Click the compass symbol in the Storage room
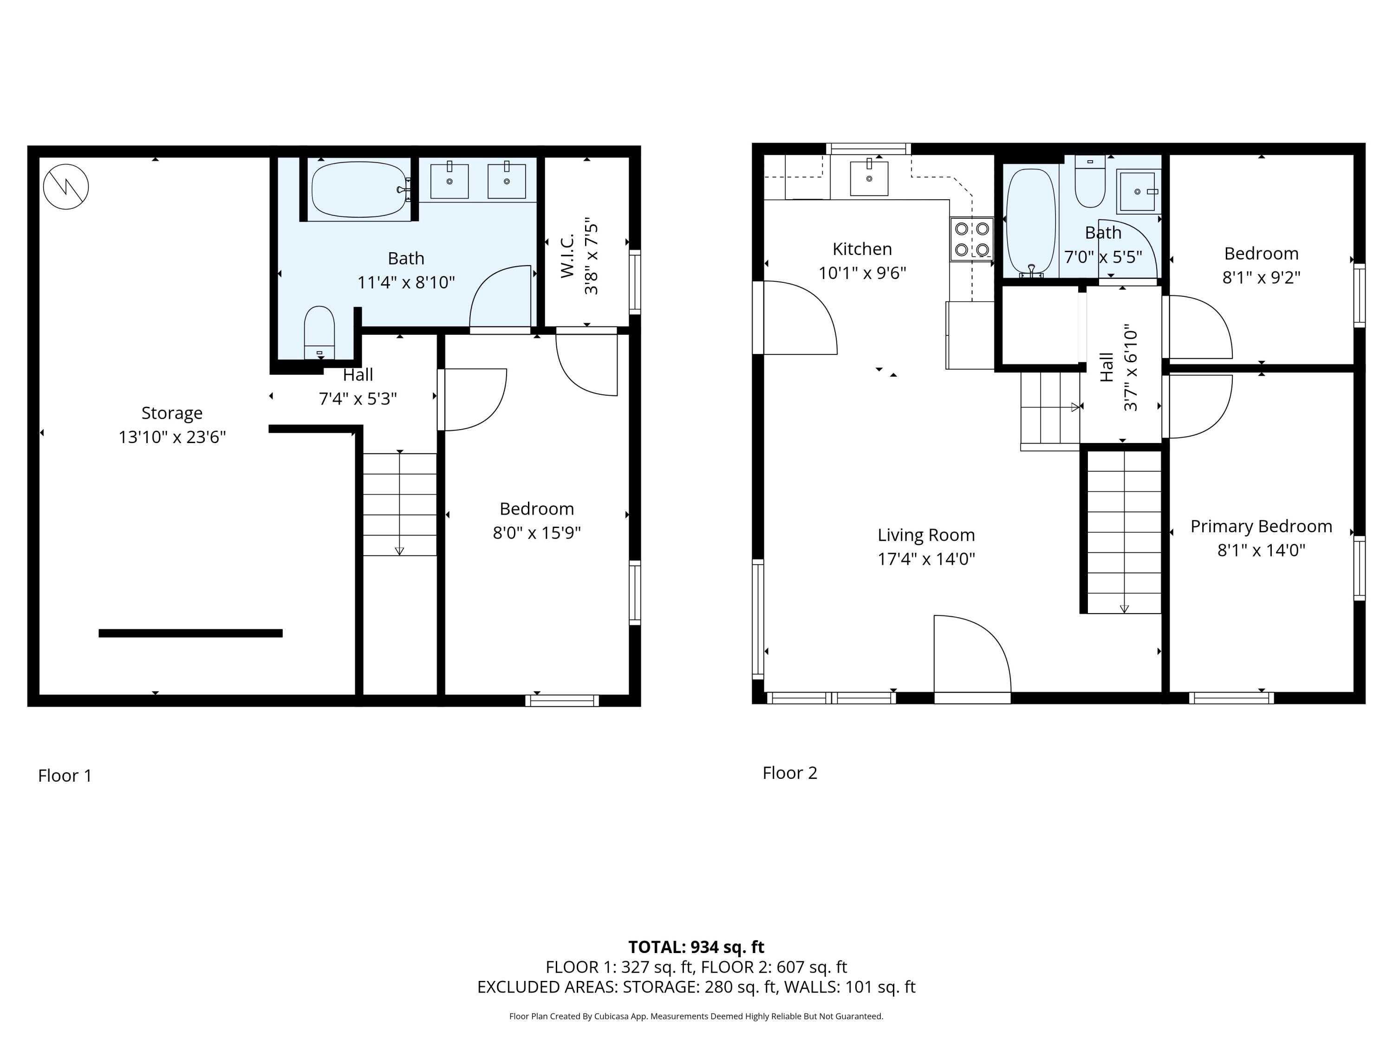(66, 186)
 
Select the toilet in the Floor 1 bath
(319, 332)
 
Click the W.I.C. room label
(567, 256)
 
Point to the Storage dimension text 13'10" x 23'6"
(172, 437)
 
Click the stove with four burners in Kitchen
(972, 239)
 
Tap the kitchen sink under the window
(869, 178)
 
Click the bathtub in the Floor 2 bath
(1030, 222)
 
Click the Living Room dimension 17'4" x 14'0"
(926, 559)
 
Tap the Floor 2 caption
(790, 773)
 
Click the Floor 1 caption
(65, 776)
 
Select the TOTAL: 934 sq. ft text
(696, 947)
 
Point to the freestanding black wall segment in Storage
(190, 633)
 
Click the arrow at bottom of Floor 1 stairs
(399, 550)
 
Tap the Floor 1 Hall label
(358, 375)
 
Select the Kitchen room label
(862, 249)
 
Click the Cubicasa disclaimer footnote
(696, 1016)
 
